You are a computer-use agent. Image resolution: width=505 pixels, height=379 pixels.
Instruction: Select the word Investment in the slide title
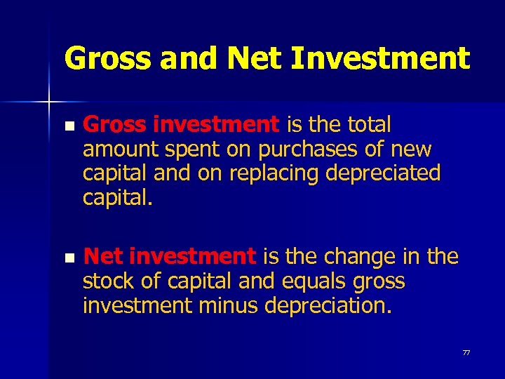(x=380, y=58)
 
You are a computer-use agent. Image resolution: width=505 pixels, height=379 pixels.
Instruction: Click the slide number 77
(x=466, y=352)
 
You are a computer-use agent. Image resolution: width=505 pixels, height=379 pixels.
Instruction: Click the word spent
(x=184, y=149)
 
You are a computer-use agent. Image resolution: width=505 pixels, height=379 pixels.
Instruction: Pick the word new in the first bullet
(x=413, y=149)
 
